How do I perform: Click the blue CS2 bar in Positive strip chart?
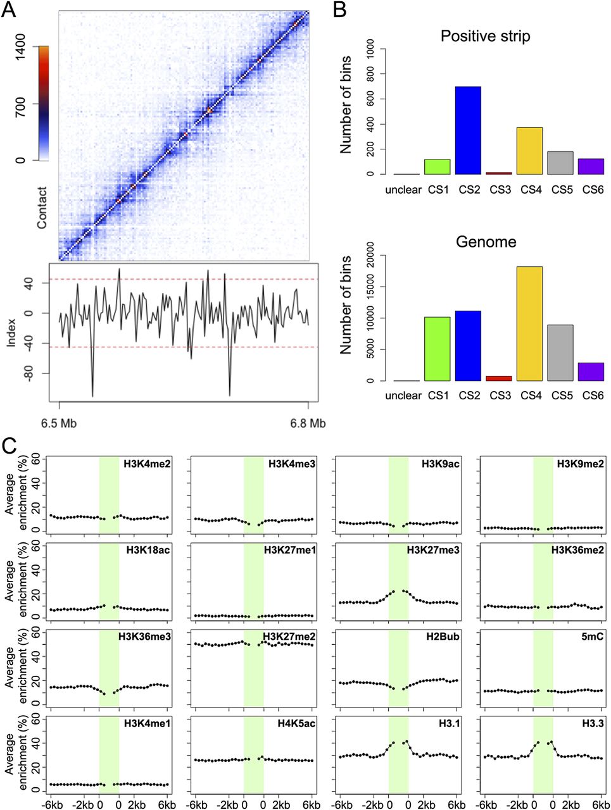pyautogui.click(x=467, y=130)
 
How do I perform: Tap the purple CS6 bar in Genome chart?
pyautogui.click(x=591, y=372)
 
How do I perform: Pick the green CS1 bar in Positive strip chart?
pyautogui.click(x=437, y=166)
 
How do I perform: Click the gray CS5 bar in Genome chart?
pyautogui.click(x=560, y=353)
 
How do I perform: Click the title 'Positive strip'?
pyautogui.click(x=486, y=35)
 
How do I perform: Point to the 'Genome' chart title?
pyautogui.click(x=486, y=242)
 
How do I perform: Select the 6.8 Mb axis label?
pyautogui.click(x=308, y=423)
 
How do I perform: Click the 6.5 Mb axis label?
pyautogui.click(x=59, y=423)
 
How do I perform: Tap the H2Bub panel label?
pyautogui.click(x=443, y=637)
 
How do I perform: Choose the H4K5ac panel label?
pyautogui.click(x=295, y=723)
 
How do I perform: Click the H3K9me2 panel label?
pyautogui.click(x=580, y=464)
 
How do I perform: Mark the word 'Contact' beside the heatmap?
pyautogui.click(x=42, y=208)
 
